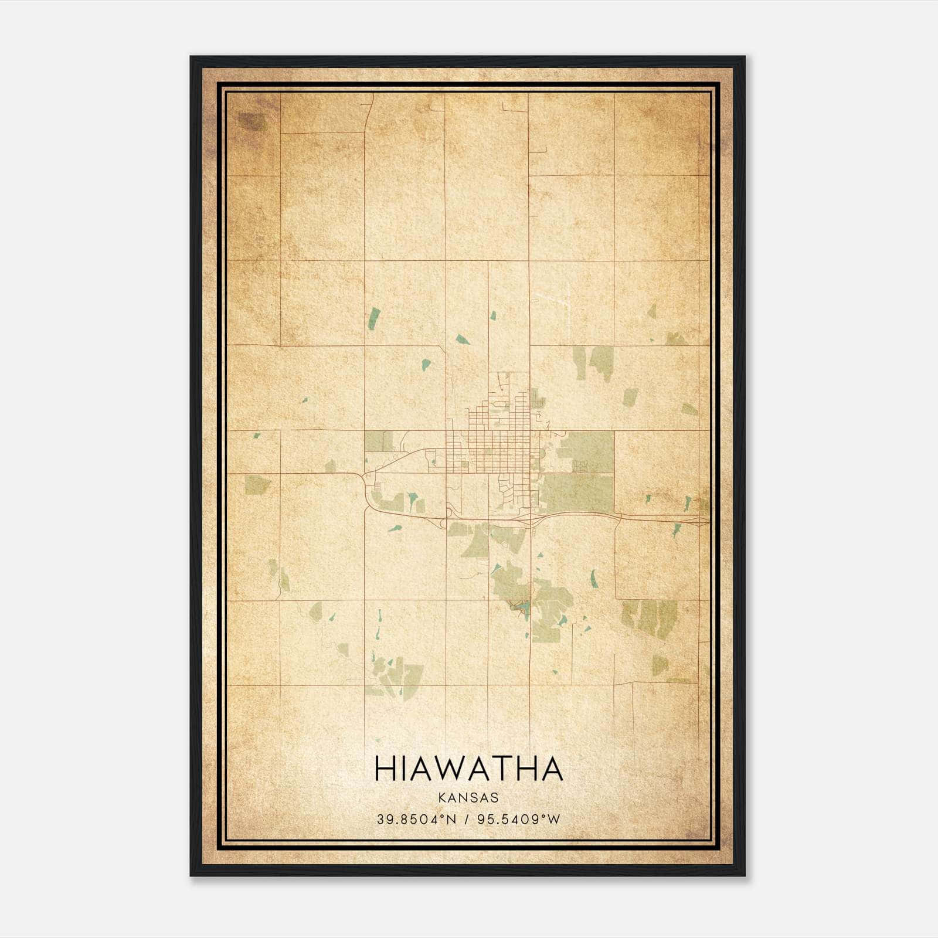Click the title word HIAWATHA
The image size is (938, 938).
(x=468, y=769)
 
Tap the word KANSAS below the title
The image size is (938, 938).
(x=468, y=797)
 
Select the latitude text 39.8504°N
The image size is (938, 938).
(x=416, y=819)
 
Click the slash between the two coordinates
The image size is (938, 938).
(x=466, y=819)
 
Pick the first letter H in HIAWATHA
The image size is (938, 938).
(x=385, y=769)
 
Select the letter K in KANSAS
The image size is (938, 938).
(x=440, y=797)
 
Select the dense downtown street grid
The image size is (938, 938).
(x=492, y=451)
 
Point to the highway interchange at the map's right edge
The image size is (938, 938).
(x=699, y=519)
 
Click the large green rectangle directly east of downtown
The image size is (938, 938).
(x=585, y=450)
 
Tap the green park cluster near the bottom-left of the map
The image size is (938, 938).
(x=396, y=674)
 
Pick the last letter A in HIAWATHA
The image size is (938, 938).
(x=551, y=769)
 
